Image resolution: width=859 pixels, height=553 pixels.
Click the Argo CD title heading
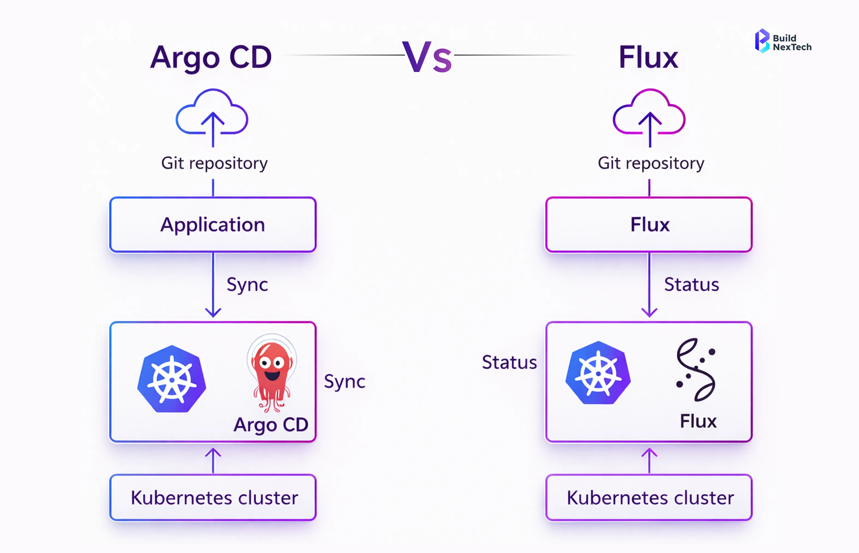(x=211, y=58)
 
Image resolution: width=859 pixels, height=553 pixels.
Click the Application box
(x=213, y=225)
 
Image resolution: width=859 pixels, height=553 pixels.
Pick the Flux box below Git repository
(x=649, y=225)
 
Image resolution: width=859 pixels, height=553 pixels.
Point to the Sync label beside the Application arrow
(x=247, y=284)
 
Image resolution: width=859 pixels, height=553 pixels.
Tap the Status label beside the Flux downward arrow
(x=691, y=284)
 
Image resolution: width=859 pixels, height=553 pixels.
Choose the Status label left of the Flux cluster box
(x=509, y=362)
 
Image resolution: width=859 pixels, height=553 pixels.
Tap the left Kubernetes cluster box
(x=213, y=498)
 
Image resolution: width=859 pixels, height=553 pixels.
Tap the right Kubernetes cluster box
(x=649, y=498)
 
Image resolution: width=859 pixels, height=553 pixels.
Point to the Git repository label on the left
(x=214, y=163)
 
